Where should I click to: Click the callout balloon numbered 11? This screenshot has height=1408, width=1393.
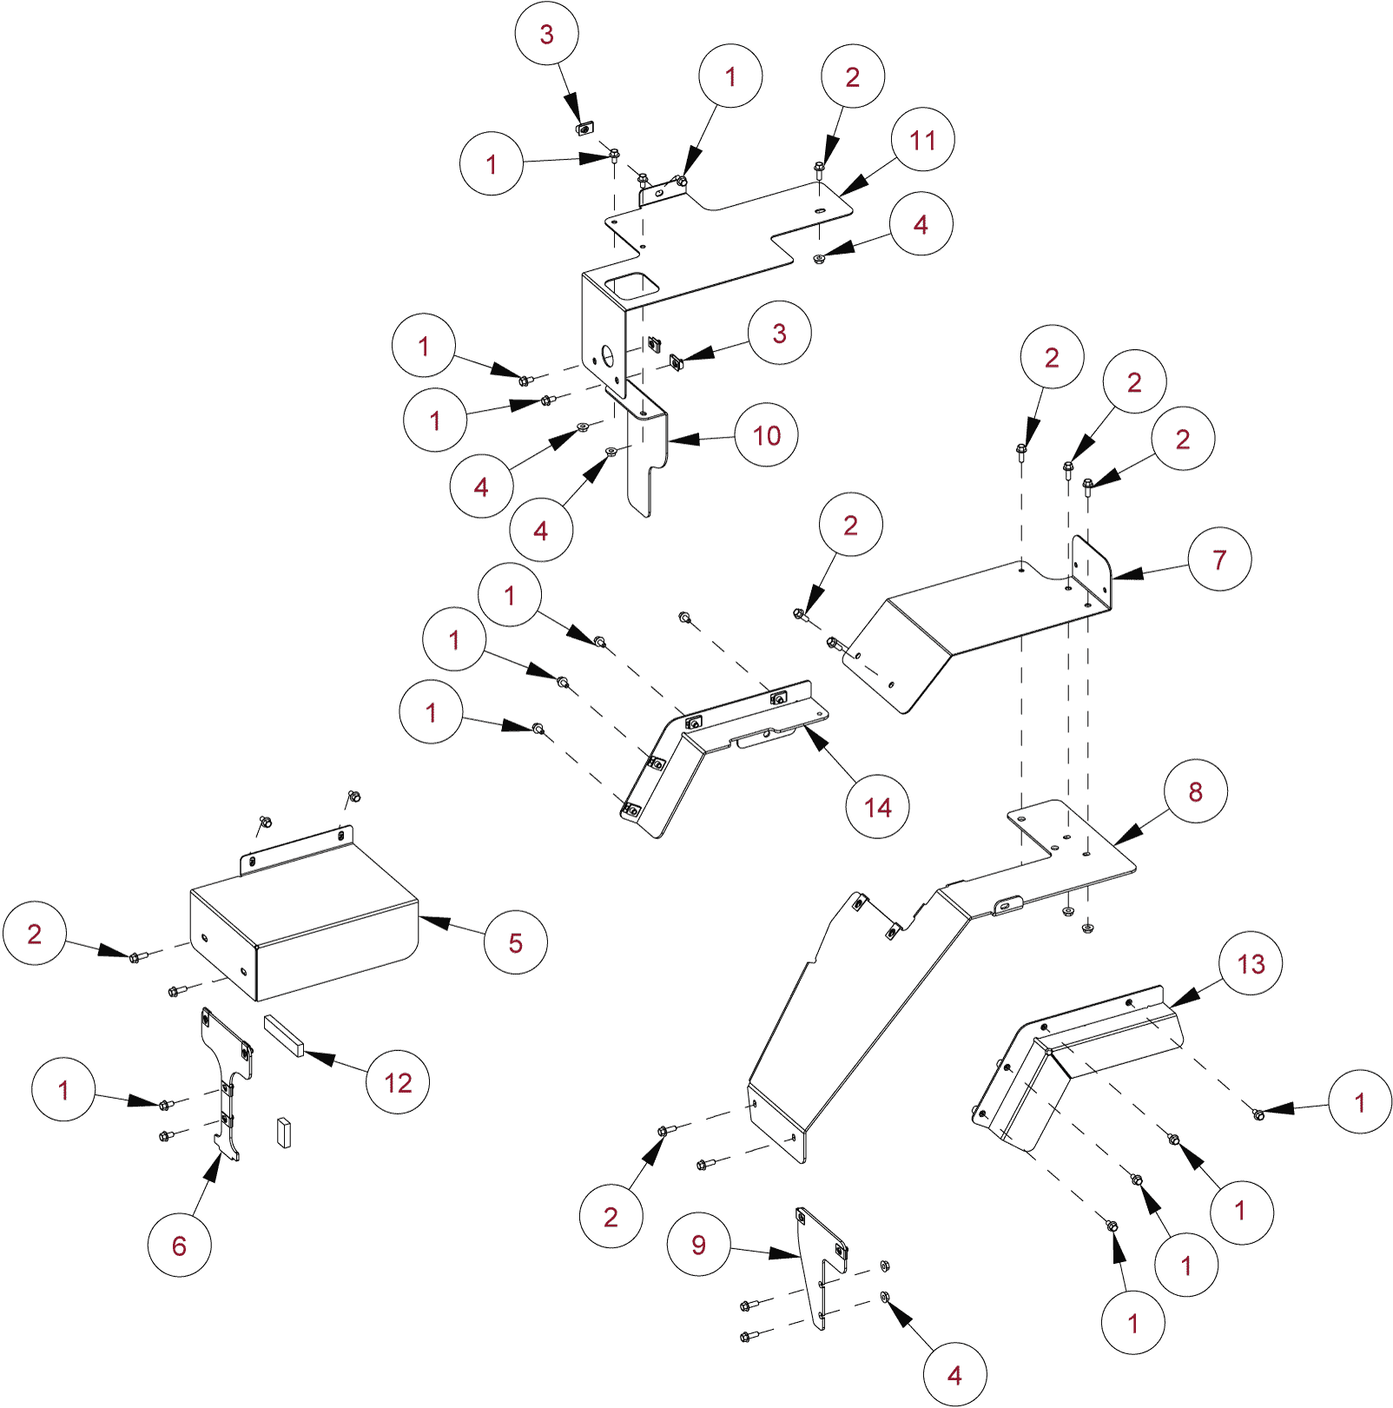922,140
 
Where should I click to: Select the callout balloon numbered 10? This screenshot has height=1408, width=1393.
766,435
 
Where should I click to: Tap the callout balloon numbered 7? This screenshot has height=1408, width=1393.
1219,559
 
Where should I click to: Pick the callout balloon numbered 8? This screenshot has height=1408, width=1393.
1196,791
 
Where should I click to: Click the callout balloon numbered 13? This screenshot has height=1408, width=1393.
1251,963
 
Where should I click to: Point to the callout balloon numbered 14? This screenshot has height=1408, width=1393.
877,807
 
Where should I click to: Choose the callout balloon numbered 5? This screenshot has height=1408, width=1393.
516,942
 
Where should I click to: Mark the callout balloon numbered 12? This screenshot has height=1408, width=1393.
398,1082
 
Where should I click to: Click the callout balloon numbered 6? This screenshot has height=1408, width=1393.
179,1246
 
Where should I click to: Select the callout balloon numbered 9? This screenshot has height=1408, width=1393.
698,1245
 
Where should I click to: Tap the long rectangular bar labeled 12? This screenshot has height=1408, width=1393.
284,1035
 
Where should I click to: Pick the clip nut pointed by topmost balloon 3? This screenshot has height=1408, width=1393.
584,129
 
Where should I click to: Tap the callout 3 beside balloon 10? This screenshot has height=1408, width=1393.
779,333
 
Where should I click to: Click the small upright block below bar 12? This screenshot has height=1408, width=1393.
284,1133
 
